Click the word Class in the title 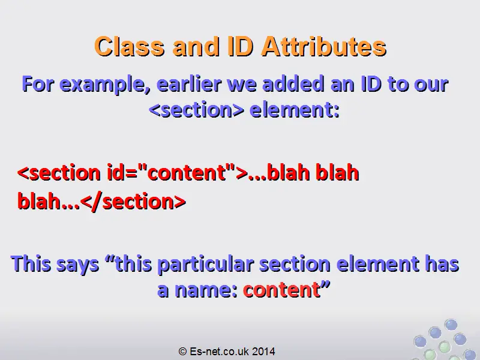tap(130, 47)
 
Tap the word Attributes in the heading tap(325, 47)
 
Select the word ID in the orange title tap(241, 47)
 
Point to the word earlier tap(189, 84)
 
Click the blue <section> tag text tap(196, 110)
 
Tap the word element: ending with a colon tap(295, 110)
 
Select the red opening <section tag tap(59, 173)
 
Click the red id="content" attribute tap(171, 173)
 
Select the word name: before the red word tap(206, 290)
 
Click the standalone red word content tap(281, 290)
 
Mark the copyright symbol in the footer tap(182, 351)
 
